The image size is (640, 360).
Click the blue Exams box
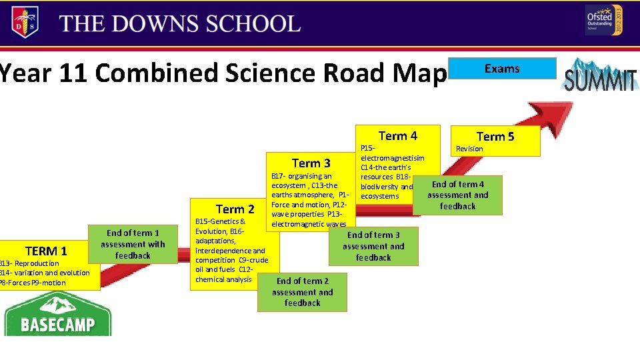502,69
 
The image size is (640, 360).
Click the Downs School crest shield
25,23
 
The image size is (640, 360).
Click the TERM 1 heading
46,251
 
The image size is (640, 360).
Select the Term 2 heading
235,209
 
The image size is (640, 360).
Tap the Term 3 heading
311,163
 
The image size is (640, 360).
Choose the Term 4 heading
397,136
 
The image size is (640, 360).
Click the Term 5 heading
495,137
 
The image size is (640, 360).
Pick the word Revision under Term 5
469,149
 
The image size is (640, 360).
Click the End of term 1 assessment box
133,244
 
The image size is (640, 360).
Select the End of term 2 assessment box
302,292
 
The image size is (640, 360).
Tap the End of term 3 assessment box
373,246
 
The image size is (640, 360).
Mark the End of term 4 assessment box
458,195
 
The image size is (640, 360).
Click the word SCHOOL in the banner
253,24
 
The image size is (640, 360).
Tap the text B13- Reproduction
30,263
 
